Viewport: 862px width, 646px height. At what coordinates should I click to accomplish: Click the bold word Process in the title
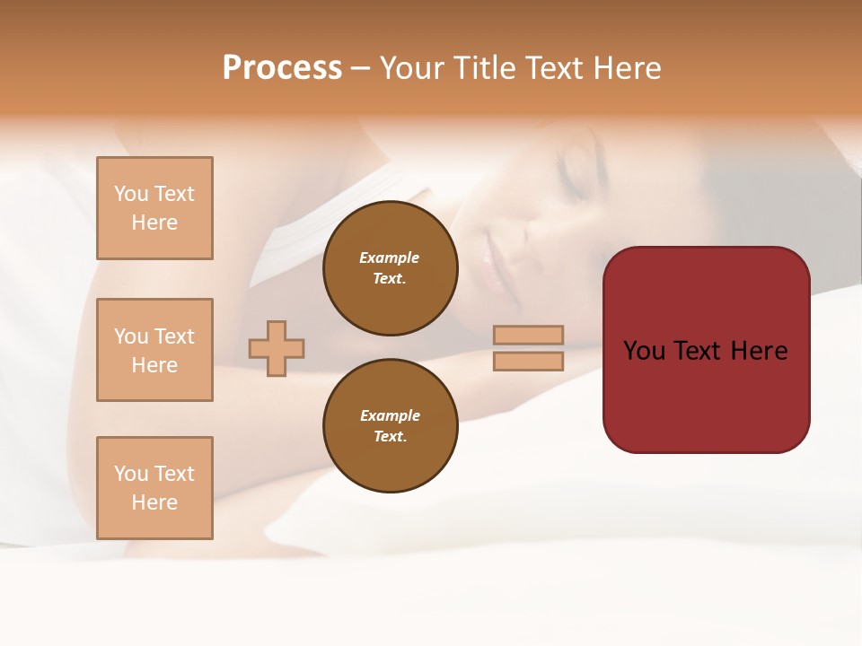282,68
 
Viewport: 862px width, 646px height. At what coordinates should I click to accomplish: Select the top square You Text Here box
154,208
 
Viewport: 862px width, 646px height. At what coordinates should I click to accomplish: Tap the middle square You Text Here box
154,350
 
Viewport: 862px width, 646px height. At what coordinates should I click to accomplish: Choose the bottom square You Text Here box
154,488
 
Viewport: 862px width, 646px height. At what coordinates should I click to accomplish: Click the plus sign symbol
277,348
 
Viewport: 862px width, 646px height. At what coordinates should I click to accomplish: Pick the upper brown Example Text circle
390,268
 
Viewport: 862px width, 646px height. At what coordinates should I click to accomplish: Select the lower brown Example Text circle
390,426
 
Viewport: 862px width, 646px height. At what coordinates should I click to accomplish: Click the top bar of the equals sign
528,335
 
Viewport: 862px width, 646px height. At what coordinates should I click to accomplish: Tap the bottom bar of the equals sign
528,361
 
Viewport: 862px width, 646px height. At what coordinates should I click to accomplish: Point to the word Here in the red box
759,351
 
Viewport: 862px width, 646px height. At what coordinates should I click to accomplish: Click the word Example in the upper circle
390,258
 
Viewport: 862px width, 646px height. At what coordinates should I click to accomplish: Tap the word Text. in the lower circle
390,437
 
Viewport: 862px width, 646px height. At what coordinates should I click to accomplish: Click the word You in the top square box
131,194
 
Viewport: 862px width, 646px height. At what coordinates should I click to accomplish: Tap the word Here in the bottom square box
154,502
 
